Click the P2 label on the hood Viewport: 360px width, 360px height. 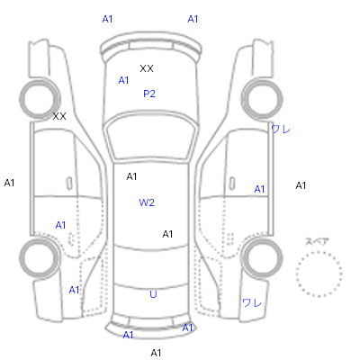click(149, 94)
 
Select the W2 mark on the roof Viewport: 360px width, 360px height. click(147, 202)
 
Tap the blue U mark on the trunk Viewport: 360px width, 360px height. click(153, 294)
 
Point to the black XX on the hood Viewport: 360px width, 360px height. click(147, 68)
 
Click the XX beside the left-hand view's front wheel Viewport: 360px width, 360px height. click(59, 116)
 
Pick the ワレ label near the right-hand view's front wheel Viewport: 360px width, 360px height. click(281, 130)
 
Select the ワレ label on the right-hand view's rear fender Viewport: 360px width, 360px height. click(252, 302)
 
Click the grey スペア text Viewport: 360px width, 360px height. click(317, 241)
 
